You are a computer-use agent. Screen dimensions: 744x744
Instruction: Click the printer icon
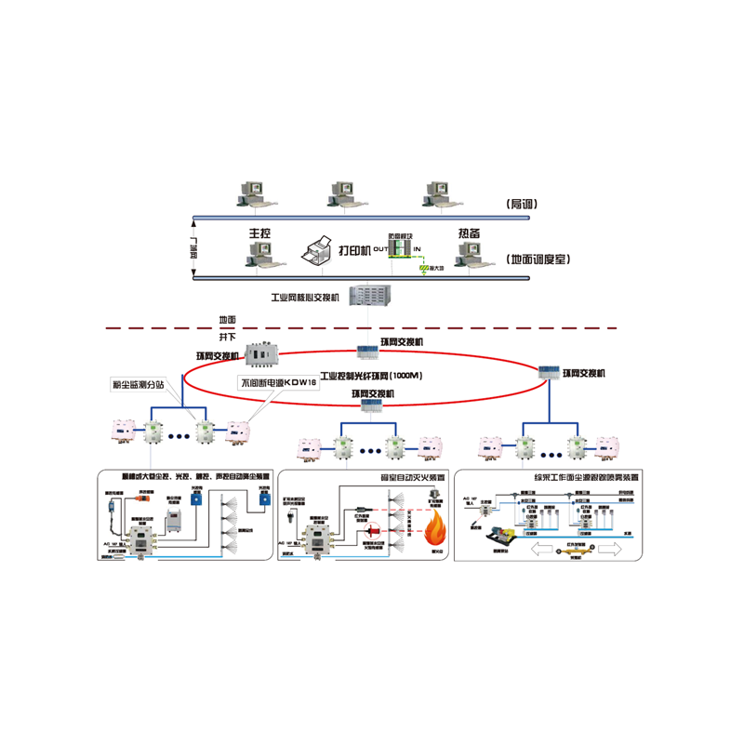pos(316,248)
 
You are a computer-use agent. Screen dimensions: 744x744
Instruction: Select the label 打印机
pos(353,250)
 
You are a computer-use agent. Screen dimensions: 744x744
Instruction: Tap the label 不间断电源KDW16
pos(279,383)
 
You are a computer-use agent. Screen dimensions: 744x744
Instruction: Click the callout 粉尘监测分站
pos(137,383)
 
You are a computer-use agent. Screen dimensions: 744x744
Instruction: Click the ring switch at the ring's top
pos(371,351)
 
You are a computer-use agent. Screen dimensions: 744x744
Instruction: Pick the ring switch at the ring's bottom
pos(371,405)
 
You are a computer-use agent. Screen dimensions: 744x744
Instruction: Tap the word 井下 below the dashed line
pos(228,337)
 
